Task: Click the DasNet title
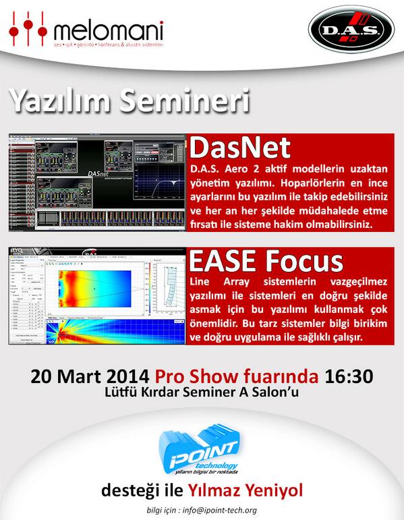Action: (240, 148)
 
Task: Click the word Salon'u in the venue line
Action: (268, 391)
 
